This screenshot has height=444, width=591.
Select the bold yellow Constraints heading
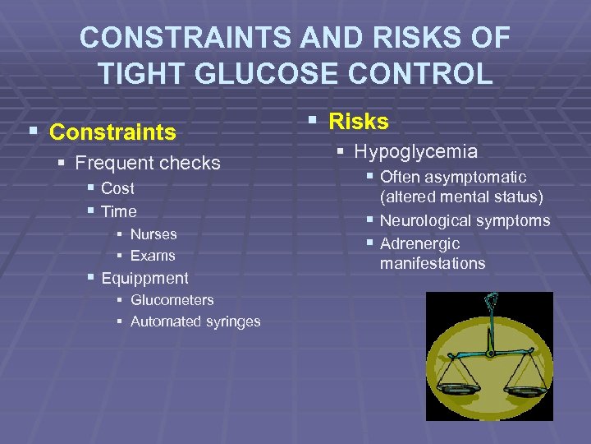coord(112,132)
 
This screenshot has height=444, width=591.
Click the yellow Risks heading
coord(359,122)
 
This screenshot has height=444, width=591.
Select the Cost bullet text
coord(117,188)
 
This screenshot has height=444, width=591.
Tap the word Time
coord(118,211)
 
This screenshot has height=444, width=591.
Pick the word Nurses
coord(153,234)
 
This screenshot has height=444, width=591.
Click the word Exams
coord(153,256)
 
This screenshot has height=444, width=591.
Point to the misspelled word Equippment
coord(144,279)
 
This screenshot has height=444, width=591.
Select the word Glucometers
coord(172,300)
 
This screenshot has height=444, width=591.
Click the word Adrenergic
coord(419,244)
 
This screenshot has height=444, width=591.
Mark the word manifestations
coord(433,264)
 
